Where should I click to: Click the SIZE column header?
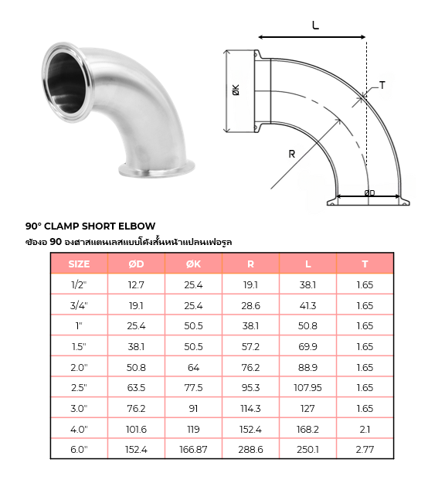(x=79, y=264)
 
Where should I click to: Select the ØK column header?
(x=193, y=264)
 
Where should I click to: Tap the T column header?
(x=365, y=264)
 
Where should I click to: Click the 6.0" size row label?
(x=79, y=449)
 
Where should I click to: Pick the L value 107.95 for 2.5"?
(x=307, y=388)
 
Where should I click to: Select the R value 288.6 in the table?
(x=250, y=449)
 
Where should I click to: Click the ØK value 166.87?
(x=193, y=449)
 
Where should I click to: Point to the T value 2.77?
(x=365, y=449)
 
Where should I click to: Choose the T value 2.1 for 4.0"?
(x=365, y=429)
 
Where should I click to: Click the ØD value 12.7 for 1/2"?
(x=136, y=284)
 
